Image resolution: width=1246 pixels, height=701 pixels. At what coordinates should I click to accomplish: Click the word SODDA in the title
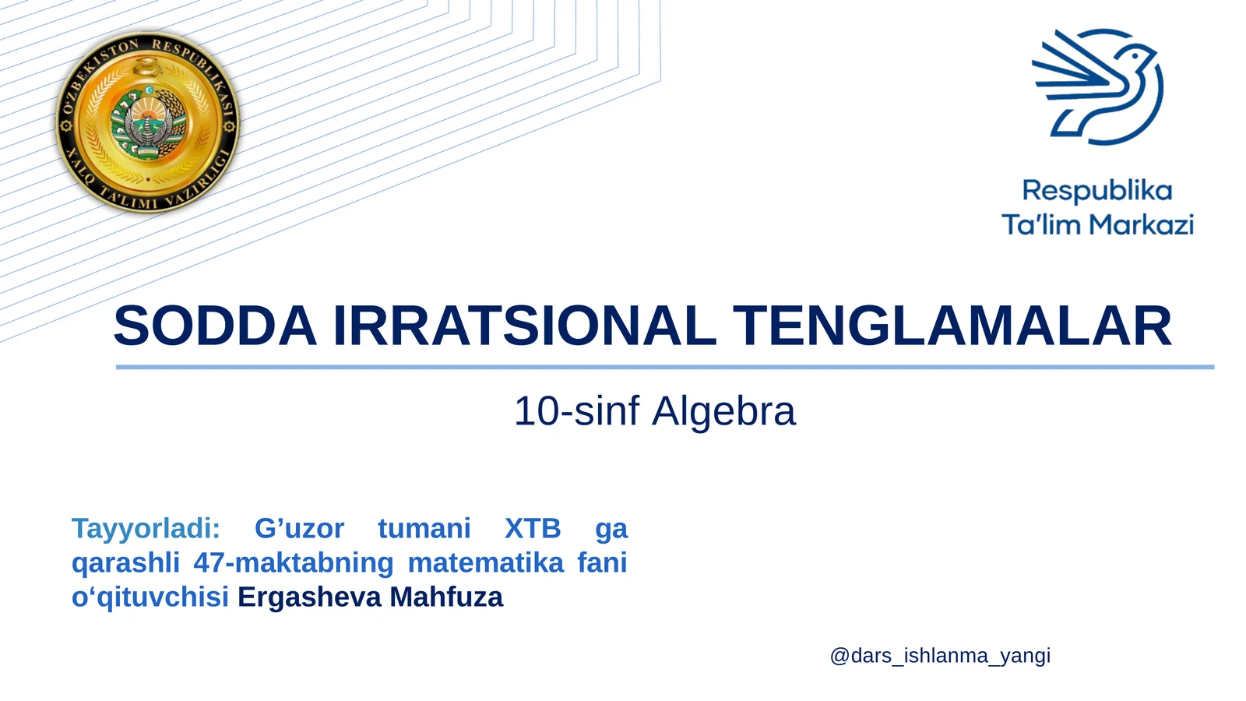coord(215,326)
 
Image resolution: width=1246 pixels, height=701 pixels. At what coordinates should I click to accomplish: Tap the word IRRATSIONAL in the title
coord(524,326)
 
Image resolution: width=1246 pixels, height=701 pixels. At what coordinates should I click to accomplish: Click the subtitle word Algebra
coord(724,411)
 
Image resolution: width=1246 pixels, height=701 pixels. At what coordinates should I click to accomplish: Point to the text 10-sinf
coord(576,411)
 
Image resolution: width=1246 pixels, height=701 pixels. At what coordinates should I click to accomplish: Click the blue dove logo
coord(1098,87)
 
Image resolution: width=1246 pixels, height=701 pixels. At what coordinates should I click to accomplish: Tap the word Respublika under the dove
coord(1096,191)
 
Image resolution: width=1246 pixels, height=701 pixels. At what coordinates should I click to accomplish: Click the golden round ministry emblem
coord(147,122)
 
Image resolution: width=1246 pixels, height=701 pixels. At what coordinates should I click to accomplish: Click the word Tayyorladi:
coord(146,529)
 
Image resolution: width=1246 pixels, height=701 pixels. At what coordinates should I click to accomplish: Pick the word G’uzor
coord(299,529)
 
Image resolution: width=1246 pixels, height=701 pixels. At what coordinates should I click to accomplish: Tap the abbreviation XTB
coord(533,529)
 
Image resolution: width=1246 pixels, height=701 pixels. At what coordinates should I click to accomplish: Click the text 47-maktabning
coord(294,563)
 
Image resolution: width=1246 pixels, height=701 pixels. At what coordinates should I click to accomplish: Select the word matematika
coord(485,563)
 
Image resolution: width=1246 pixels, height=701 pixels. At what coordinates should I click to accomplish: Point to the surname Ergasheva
coord(309,597)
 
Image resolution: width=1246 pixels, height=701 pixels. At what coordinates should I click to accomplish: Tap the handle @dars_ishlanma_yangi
coord(940,656)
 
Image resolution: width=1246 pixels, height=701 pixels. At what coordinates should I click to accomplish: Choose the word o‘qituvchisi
coord(150,597)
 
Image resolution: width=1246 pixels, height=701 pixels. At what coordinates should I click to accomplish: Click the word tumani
coord(424,529)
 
